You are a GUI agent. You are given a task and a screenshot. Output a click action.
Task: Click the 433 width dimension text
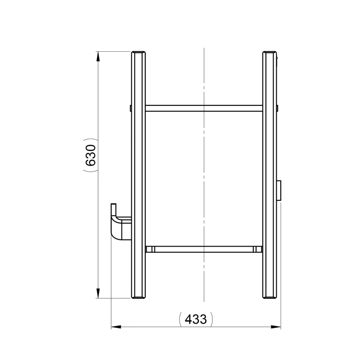(x=196, y=319)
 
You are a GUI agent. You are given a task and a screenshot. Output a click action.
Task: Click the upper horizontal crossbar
(x=203, y=108)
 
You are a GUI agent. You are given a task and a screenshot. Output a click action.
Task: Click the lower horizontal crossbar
(x=203, y=249)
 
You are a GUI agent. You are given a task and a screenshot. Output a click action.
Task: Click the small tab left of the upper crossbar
(x=130, y=108)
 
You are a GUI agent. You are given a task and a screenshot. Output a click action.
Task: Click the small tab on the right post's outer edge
(x=278, y=108)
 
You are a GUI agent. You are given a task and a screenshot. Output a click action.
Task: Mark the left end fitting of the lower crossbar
(x=150, y=249)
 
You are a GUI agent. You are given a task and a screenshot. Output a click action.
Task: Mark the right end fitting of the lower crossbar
(x=257, y=249)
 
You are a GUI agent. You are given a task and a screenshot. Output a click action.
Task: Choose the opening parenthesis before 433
(x=181, y=319)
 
